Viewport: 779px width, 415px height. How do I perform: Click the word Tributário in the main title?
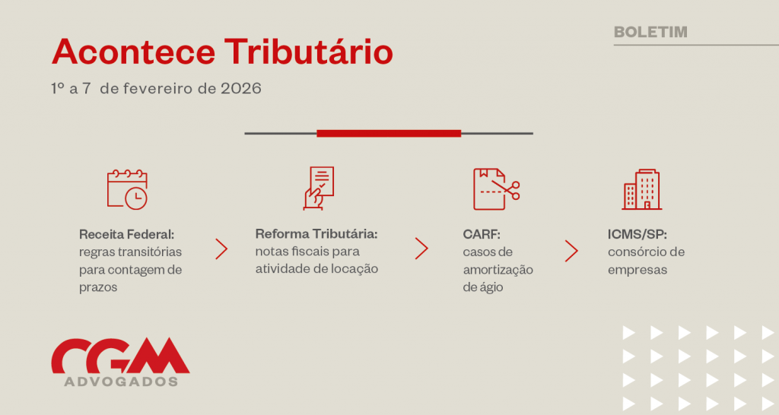(x=309, y=52)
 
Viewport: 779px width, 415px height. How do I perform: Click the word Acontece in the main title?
(x=134, y=52)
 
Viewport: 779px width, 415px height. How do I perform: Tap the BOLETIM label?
(x=651, y=32)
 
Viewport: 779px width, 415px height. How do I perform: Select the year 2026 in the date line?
(x=241, y=88)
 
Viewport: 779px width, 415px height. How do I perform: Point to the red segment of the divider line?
(x=389, y=133)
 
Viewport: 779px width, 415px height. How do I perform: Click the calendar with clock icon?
(x=128, y=189)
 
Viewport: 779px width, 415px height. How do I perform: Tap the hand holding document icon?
(x=319, y=188)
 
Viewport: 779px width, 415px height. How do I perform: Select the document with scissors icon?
(x=496, y=189)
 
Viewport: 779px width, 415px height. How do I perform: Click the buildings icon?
(x=642, y=189)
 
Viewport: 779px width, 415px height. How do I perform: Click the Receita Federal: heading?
(x=127, y=234)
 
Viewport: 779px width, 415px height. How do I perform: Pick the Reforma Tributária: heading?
(x=316, y=233)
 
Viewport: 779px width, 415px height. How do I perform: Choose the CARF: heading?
(x=482, y=234)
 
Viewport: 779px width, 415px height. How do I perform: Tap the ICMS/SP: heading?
(x=638, y=234)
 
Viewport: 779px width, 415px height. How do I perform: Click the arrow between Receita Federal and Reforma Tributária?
(x=221, y=249)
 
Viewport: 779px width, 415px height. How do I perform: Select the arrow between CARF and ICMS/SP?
(x=571, y=251)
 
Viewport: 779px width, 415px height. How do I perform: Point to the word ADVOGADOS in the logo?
(x=121, y=382)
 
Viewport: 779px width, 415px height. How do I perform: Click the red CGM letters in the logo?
(x=120, y=355)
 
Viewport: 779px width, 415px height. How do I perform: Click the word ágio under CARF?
(x=491, y=287)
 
